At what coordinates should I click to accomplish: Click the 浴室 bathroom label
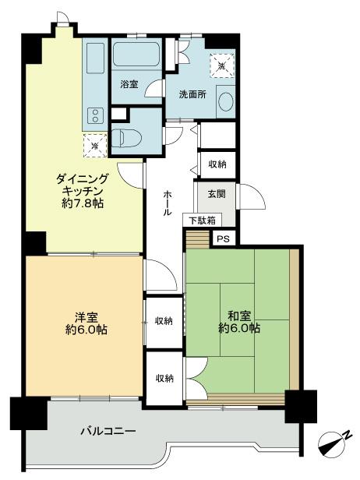(x=129, y=83)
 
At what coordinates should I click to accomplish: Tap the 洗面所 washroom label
(x=188, y=94)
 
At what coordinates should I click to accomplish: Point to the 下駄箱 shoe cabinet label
(x=200, y=221)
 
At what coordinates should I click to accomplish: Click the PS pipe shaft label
(x=224, y=239)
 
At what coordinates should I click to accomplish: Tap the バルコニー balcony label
(x=108, y=431)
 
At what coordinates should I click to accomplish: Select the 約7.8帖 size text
(x=82, y=203)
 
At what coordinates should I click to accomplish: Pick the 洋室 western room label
(x=86, y=316)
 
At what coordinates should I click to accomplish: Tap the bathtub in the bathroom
(x=137, y=55)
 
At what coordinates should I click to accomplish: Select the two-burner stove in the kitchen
(x=94, y=117)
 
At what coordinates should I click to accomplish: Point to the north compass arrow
(x=334, y=443)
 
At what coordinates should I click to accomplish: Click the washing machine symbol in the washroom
(x=221, y=65)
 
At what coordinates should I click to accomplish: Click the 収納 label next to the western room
(x=164, y=320)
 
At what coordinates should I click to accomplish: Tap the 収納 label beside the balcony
(x=164, y=378)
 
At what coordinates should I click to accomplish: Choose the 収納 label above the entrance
(x=217, y=164)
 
